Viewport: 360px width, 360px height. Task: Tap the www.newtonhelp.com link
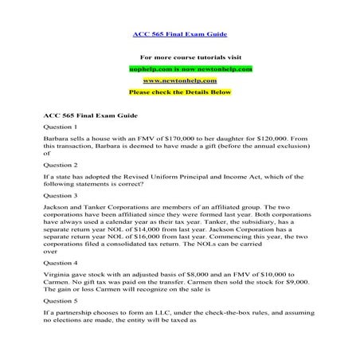[x=179, y=80]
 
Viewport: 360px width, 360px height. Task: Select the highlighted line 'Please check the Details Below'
[x=179, y=92]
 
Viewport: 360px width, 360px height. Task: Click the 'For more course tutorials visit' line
[x=179, y=57]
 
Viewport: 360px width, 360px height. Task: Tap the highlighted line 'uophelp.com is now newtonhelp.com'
[x=179, y=68]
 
